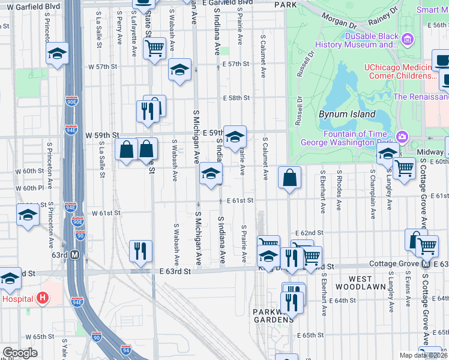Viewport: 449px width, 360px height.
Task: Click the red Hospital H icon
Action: tap(42, 297)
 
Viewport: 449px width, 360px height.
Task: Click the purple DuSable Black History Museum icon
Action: tap(408, 40)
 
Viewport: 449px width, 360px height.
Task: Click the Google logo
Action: tap(20, 353)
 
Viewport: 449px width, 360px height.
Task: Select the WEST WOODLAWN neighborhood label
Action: tap(360, 284)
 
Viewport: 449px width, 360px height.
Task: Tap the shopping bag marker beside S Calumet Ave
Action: tap(290, 178)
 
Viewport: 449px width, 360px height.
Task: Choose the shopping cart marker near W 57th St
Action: tap(155, 48)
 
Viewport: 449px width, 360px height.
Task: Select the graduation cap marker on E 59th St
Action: tap(235, 135)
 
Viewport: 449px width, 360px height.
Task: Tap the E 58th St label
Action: tap(235, 98)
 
